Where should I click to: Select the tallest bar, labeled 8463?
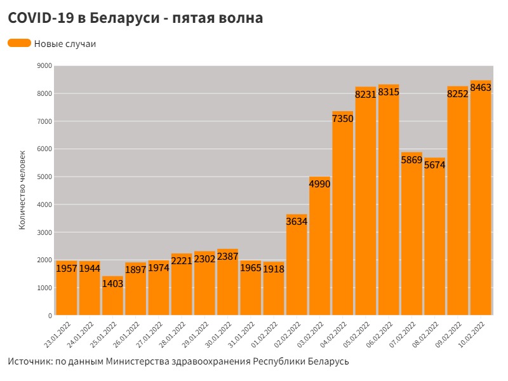click(x=481, y=203)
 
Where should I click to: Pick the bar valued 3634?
click(x=297, y=267)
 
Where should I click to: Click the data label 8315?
click(x=389, y=93)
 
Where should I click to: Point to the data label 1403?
click(x=112, y=284)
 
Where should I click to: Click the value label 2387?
click(x=227, y=257)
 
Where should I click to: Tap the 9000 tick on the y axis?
click(x=44, y=66)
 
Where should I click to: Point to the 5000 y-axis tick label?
click(x=44, y=177)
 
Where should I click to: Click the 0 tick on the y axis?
click(x=50, y=316)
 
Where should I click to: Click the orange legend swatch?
click(x=19, y=43)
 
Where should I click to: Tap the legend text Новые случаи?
click(x=65, y=44)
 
